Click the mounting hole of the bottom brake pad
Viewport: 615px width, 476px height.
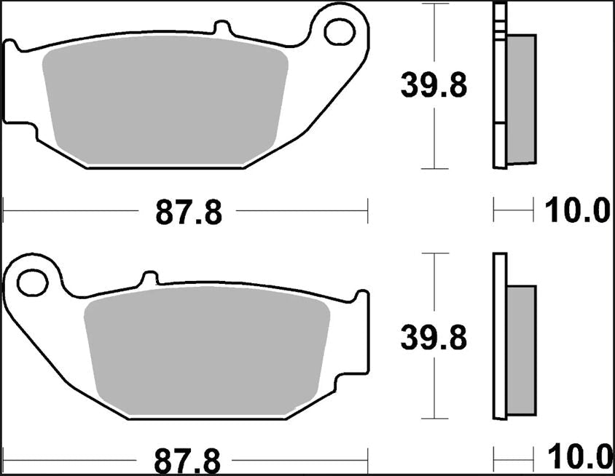click(31, 282)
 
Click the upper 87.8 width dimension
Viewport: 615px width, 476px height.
click(188, 213)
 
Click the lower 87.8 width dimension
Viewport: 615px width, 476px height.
click(188, 460)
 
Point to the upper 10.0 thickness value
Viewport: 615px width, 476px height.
click(576, 212)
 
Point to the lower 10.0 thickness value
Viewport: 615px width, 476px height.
click(576, 459)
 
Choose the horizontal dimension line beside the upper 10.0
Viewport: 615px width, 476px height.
click(514, 213)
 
